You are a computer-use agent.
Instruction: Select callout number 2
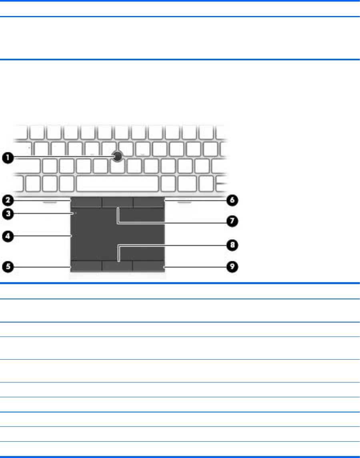[7, 199]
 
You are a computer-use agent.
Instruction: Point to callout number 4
[7, 236]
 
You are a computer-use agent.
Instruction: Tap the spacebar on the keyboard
[117, 184]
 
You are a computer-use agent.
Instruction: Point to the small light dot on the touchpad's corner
[75, 214]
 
